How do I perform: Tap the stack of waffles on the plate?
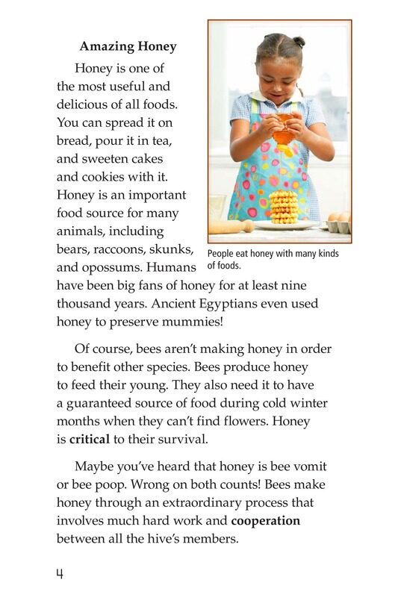(283, 207)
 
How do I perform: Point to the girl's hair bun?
(299, 42)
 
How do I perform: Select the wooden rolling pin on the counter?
(231, 225)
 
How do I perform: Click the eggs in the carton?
(339, 219)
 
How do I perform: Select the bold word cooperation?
(265, 520)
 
